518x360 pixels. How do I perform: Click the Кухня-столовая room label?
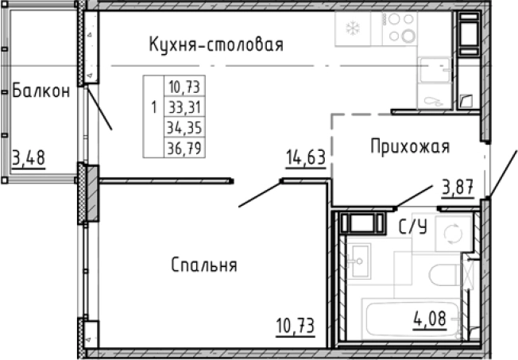(216, 45)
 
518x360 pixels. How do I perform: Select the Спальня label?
(204, 265)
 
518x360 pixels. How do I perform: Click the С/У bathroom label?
(413, 228)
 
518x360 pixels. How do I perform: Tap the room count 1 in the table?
(153, 106)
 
